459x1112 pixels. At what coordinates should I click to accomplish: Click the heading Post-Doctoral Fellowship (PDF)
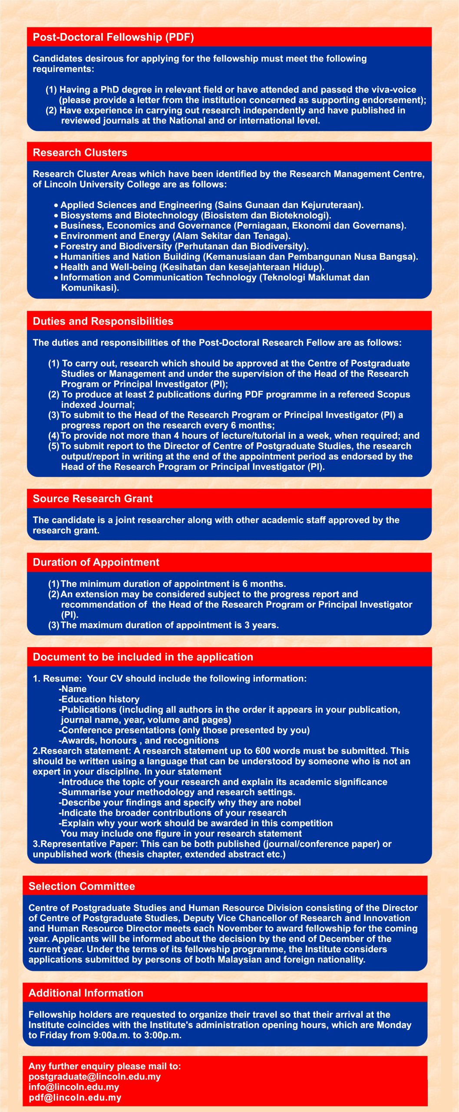pos(113,37)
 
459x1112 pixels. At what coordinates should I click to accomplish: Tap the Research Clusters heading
pos(80,152)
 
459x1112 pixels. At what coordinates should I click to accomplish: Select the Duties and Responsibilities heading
pos(103,321)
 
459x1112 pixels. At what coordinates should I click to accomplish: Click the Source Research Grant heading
pos(92,498)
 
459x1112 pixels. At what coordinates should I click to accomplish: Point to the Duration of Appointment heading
pos(96,562)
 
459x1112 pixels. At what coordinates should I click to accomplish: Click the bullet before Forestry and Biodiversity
pos(56,247)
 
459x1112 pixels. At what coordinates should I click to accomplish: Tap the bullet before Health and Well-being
pos(56,268)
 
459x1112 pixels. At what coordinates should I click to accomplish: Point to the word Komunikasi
pos(90,288)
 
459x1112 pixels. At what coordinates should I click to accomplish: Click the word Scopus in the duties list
pos(393,394)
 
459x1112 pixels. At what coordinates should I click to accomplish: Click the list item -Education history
pos(99,699)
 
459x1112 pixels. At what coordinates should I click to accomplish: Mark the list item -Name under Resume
pos(73,688)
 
